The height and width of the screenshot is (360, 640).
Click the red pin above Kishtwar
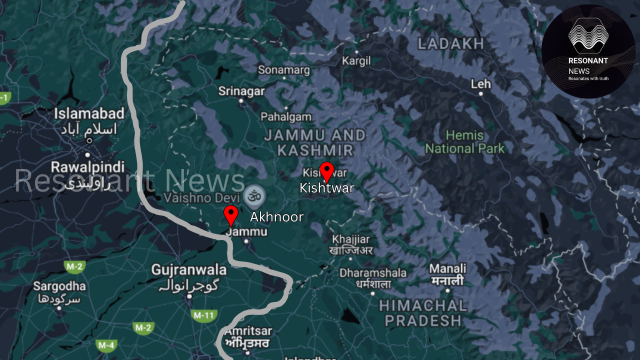(x=326, y=170)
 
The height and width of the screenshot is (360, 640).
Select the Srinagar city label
(x=241, y=91)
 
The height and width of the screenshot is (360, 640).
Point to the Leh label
(x=480, y=84)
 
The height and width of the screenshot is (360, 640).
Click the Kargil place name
(x=356, y=61)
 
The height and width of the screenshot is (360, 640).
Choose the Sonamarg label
(x=284, y=70)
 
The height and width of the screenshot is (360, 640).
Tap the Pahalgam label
(x=286, y=117)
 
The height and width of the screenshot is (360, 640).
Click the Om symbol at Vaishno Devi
(x=254, y=195)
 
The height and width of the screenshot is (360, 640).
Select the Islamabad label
(x=89, y=113)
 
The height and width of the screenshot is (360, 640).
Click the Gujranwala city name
(x=189, y=270)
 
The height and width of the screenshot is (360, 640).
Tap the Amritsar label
(x=248, y=331)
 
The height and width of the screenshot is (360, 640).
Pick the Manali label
(x=447, y=268)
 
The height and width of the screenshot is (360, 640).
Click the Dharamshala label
(x=373, y=273)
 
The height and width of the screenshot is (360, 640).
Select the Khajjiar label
(x=351, y=239)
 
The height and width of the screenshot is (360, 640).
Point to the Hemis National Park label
(x=465, y=142)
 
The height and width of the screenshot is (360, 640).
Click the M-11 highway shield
(x=204, y=315)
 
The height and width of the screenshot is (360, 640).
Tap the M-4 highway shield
(x=106, y=345)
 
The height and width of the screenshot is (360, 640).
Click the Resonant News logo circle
(x=588, y=51)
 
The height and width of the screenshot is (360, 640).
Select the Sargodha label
(x=59, y=286)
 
